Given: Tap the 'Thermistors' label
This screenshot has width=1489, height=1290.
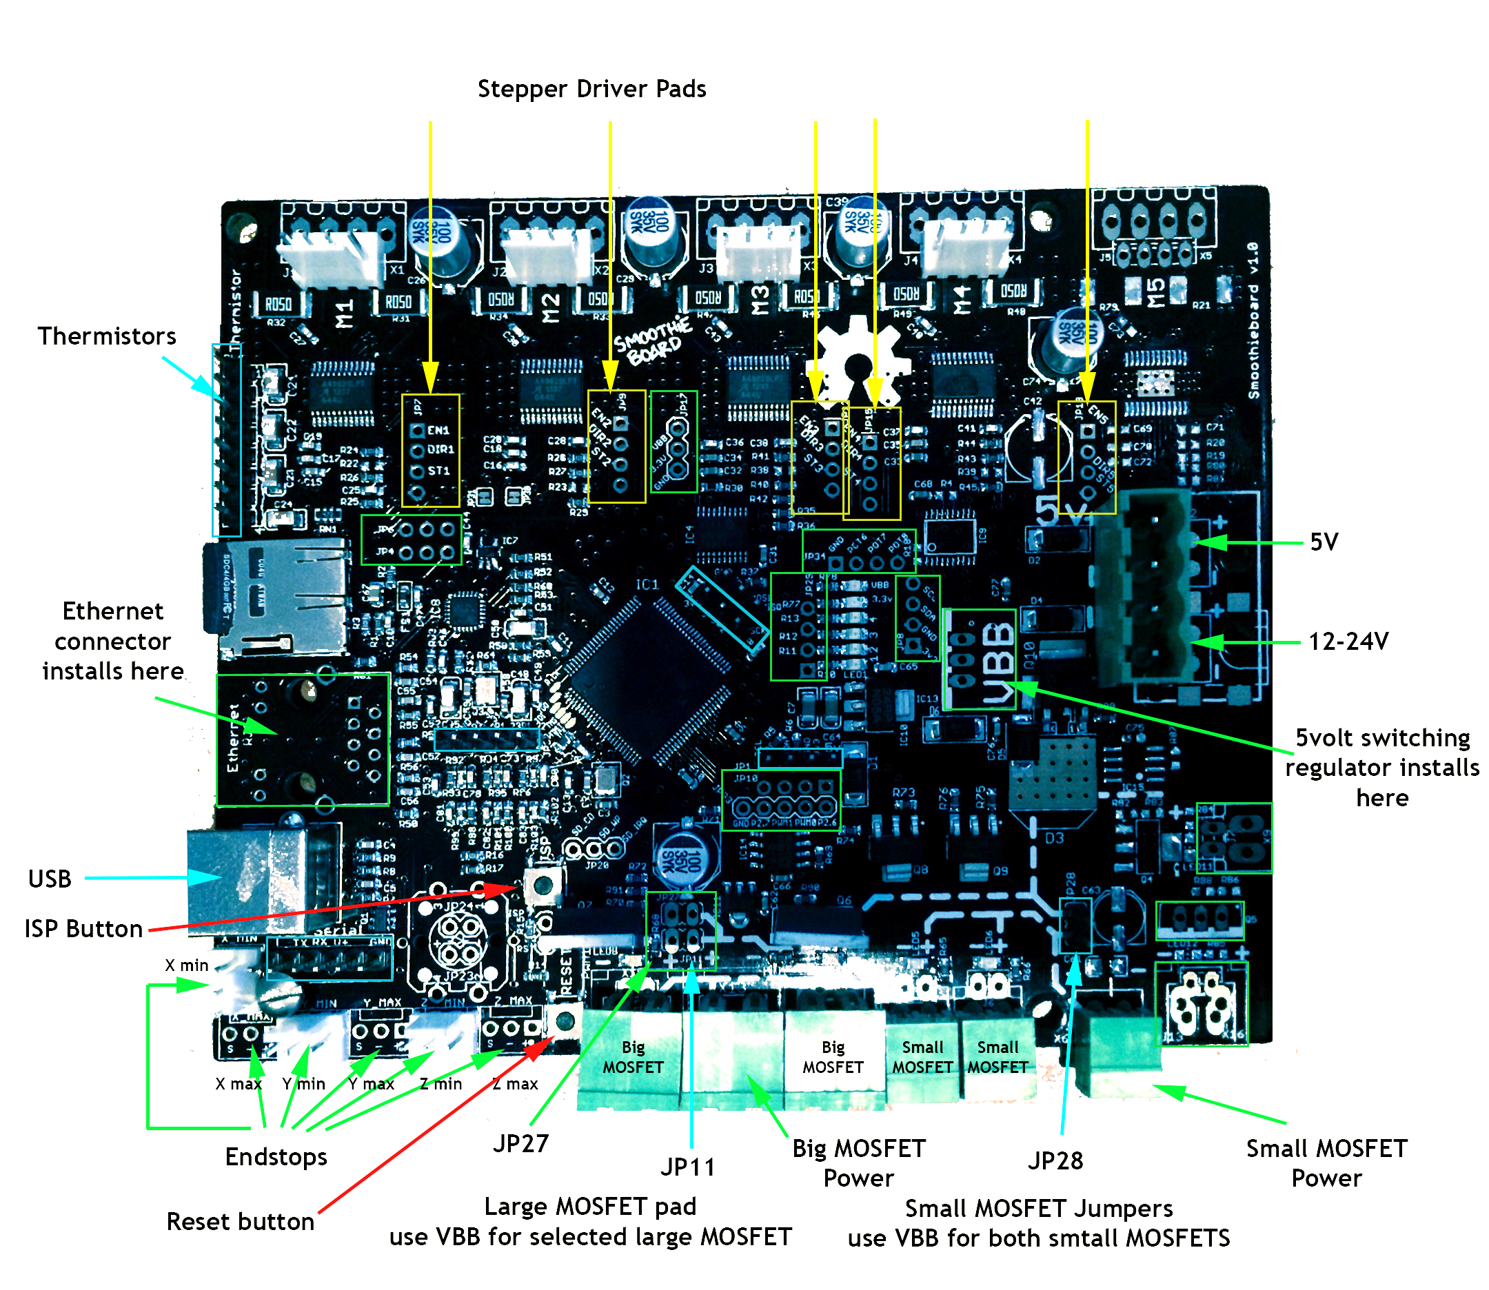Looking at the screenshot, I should point(107,336).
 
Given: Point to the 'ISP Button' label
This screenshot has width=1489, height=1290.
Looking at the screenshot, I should point(83,929).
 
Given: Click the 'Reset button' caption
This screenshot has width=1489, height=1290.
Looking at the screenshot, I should point(240,1222).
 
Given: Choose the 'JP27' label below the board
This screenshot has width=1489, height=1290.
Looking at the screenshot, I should point(520,1143).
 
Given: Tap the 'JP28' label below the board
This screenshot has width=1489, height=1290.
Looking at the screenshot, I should point(1055,1160).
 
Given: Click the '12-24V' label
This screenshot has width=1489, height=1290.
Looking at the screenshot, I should point(1348,642).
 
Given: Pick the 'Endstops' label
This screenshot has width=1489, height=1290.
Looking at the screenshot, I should point(276,1157).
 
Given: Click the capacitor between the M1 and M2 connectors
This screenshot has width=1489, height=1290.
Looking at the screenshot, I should point(443,241).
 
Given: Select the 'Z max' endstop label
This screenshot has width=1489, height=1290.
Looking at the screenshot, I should point(516,1083).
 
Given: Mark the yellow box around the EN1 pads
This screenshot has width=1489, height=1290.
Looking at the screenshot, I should point(431,451).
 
